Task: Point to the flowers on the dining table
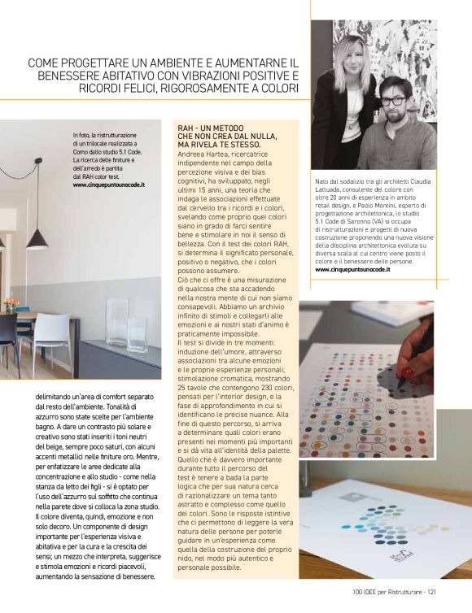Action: click(10, 304)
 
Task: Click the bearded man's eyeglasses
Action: click(394, 101)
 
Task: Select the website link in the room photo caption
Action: click(108, 185)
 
